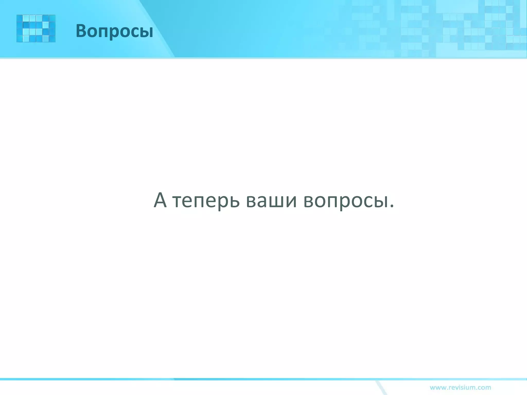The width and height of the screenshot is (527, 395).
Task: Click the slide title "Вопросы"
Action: [x=114, y=31]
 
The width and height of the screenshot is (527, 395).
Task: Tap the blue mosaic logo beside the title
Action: [x=36, y=28]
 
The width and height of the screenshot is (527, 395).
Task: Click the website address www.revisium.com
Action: [x=460, y=387]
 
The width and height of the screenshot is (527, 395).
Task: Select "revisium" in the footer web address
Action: [x=462, y=387]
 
